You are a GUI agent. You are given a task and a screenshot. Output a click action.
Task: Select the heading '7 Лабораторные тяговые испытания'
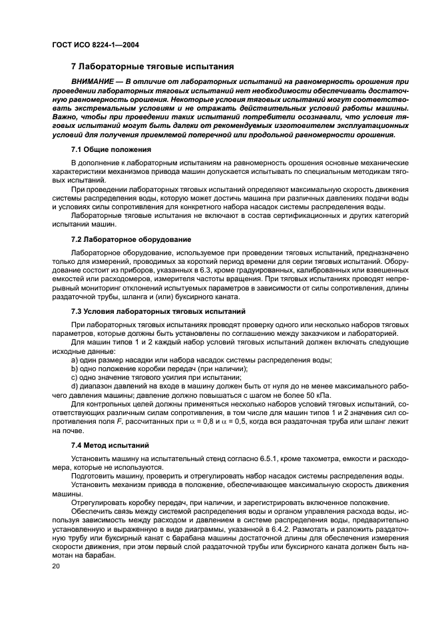pyautogui.click(x=152, y=67)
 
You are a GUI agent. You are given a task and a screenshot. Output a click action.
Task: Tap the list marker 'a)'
pyautogui.click(x=75, y=360)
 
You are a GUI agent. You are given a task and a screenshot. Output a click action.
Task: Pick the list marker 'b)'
pyautogui.click(x=75, y=368)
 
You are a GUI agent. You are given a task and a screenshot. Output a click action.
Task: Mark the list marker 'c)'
pyautogui.click(x=75, y=377)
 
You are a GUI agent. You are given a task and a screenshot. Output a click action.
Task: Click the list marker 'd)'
pyautogui.click(x=75, y=386)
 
